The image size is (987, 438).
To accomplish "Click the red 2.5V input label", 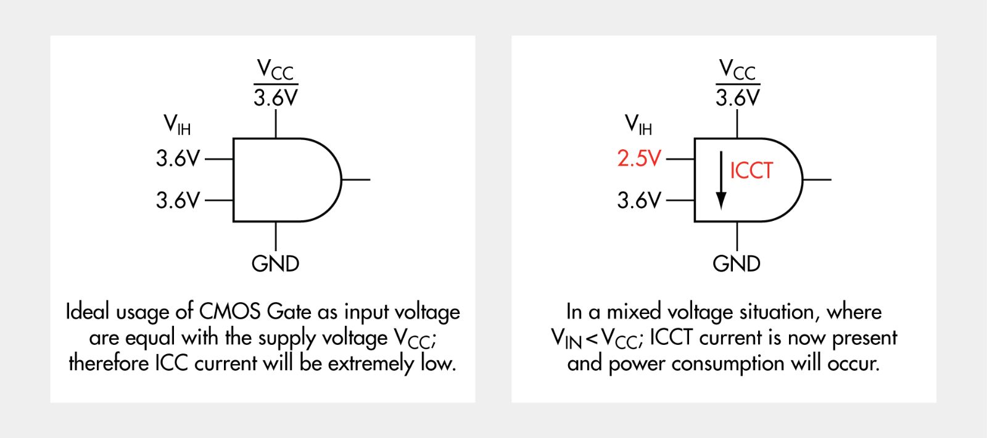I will click(639, 159).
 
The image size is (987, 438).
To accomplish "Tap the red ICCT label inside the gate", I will click(751, 170).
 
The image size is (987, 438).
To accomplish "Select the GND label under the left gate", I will click(275, 263).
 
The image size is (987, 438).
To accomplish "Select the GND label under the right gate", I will click(737, 263).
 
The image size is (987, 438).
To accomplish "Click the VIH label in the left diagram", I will click(177, 125).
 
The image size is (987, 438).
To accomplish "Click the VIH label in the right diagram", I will click(638, 125).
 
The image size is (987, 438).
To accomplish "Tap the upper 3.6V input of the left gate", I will click(178, 159).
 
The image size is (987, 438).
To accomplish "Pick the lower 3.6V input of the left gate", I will click(178, 200).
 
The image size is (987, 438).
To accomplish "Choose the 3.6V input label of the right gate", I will click(639, 200).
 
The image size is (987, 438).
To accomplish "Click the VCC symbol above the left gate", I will click(275, 70).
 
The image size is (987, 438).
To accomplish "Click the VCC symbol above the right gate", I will click(737, 70).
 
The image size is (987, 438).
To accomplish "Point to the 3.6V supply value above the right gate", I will click(738, 97).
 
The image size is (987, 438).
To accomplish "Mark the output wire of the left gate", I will click(356, 180).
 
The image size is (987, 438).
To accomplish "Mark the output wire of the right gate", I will click(817, 180).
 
